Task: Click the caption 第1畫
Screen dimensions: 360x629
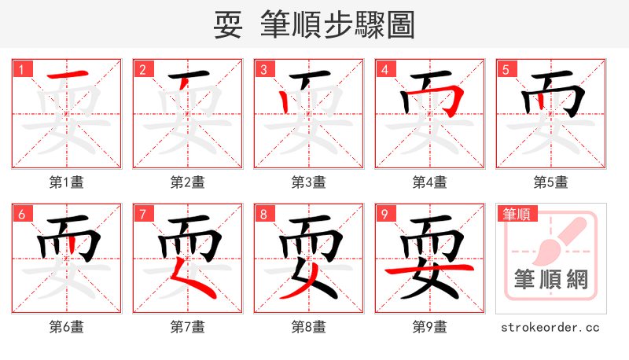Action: (x=67, y=182)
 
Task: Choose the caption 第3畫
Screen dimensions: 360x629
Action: (x=309, y=182)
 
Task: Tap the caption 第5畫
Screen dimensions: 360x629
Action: (x=551, y=182)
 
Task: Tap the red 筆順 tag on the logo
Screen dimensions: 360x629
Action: (x=517, y=214)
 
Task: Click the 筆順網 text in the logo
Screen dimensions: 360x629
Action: (x=551, y=278)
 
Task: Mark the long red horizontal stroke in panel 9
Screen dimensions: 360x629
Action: (x=429, y=270)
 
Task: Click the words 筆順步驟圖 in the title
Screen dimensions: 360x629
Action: (x=338, y=25)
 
